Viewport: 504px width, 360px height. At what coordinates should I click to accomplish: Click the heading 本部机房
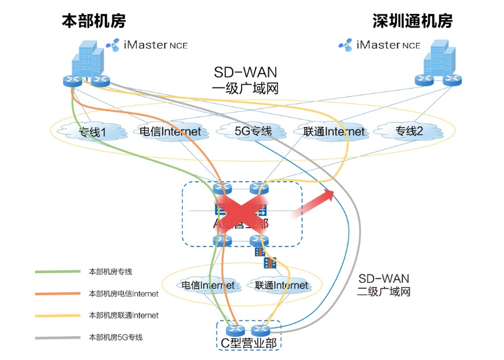click(93, 22)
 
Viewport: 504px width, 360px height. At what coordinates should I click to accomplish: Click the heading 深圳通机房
click(412, 22)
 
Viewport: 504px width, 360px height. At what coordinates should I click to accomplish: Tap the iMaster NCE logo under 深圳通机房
click(379, 45)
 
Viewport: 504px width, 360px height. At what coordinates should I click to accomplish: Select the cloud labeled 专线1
click(93, 132)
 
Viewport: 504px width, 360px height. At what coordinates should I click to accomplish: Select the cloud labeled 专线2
click(409, 131)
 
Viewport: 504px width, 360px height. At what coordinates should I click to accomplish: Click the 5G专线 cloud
click(253, 131)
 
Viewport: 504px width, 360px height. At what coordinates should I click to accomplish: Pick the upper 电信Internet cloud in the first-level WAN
click(170, 131)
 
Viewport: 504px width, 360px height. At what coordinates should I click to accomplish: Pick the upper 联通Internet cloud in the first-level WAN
click(334, 131)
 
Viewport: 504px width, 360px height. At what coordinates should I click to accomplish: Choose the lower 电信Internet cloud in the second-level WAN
click(207, 285)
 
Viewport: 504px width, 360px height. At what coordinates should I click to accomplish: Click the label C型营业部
click(248, 343)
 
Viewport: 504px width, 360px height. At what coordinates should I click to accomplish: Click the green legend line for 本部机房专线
click(57, 271)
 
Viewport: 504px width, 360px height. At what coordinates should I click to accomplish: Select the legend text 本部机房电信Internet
click(123, 293)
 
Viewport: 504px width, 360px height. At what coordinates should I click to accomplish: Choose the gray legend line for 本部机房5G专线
click(57, 337)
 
